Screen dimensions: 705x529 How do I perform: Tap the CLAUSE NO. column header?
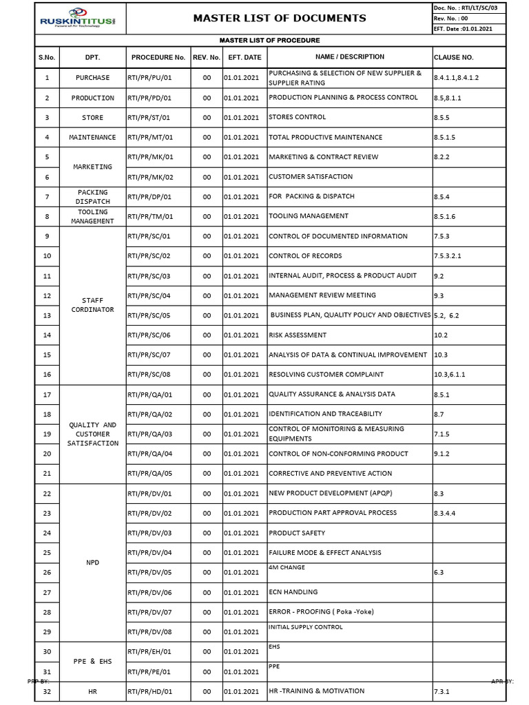click(454, 57)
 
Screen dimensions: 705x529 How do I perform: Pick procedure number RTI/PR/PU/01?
click(149, 78)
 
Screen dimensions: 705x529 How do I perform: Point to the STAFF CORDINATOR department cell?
click(92, 305)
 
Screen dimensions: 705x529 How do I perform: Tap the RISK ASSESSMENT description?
click(298, 335)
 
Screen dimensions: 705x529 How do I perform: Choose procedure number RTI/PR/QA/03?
click(149, 434)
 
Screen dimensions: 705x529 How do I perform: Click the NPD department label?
click(92, 562)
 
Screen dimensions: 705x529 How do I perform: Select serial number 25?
click(47, 553)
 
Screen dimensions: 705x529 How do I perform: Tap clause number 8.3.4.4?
click(446, 513)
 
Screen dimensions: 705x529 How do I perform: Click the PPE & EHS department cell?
click(92, 662)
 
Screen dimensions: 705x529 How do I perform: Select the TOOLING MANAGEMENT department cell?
click(92, 216)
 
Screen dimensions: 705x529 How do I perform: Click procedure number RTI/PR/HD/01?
click(149, 691)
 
